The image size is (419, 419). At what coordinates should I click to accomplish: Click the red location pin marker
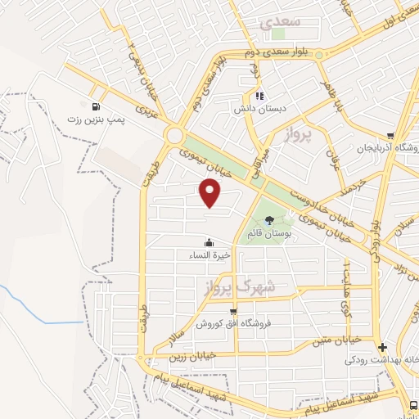point(210,192)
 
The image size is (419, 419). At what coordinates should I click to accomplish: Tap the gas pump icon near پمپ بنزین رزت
point(97,106)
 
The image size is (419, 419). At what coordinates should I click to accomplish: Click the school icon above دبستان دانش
point(259,95)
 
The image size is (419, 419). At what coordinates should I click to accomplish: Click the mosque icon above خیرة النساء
point(209,242)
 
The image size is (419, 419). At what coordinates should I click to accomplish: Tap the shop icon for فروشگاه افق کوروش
point(234,311)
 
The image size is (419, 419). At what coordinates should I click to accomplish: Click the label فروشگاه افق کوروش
point(233,323)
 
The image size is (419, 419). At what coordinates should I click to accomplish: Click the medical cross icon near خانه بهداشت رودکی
point(382,347)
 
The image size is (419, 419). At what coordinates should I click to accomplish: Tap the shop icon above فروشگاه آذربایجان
point(390,137)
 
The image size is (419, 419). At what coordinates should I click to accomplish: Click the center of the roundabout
point(173,135)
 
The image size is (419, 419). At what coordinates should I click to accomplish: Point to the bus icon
point(413,404)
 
